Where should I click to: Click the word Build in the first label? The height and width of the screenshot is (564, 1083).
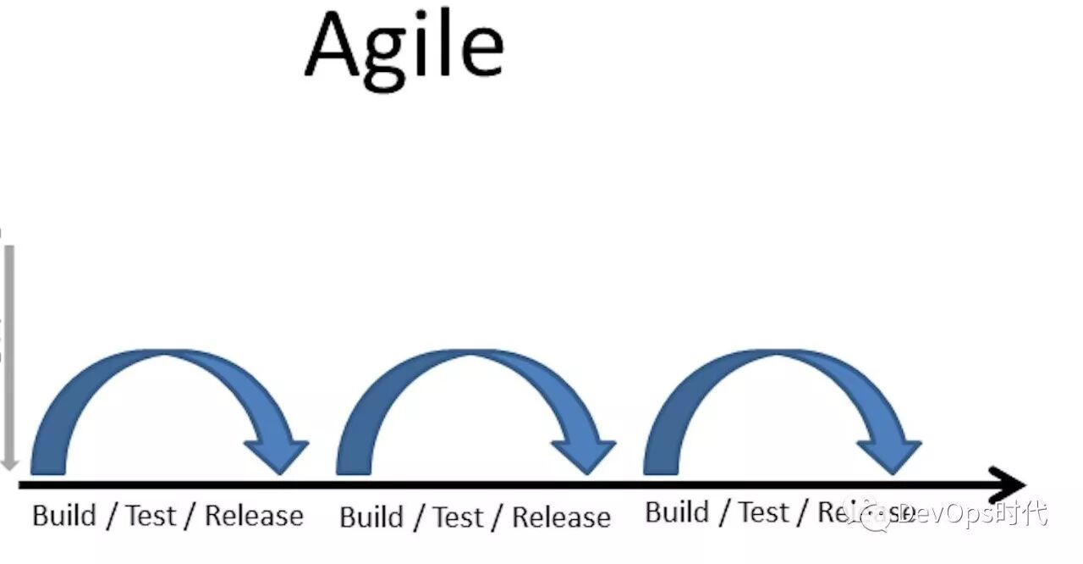click(63, 516)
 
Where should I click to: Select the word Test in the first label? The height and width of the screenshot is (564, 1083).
click(151, 516)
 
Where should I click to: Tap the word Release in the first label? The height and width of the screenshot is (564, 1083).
click(254, 516)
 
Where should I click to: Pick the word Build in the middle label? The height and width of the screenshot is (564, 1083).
click(371, 517)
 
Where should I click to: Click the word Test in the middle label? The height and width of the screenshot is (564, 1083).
click(459, 517)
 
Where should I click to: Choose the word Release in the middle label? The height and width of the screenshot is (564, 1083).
click(561, 517)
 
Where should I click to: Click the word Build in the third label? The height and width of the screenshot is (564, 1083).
click(678, 512)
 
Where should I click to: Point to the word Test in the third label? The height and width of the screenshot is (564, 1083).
click(764, 512)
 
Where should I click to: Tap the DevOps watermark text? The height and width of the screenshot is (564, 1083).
click(973, 513)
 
